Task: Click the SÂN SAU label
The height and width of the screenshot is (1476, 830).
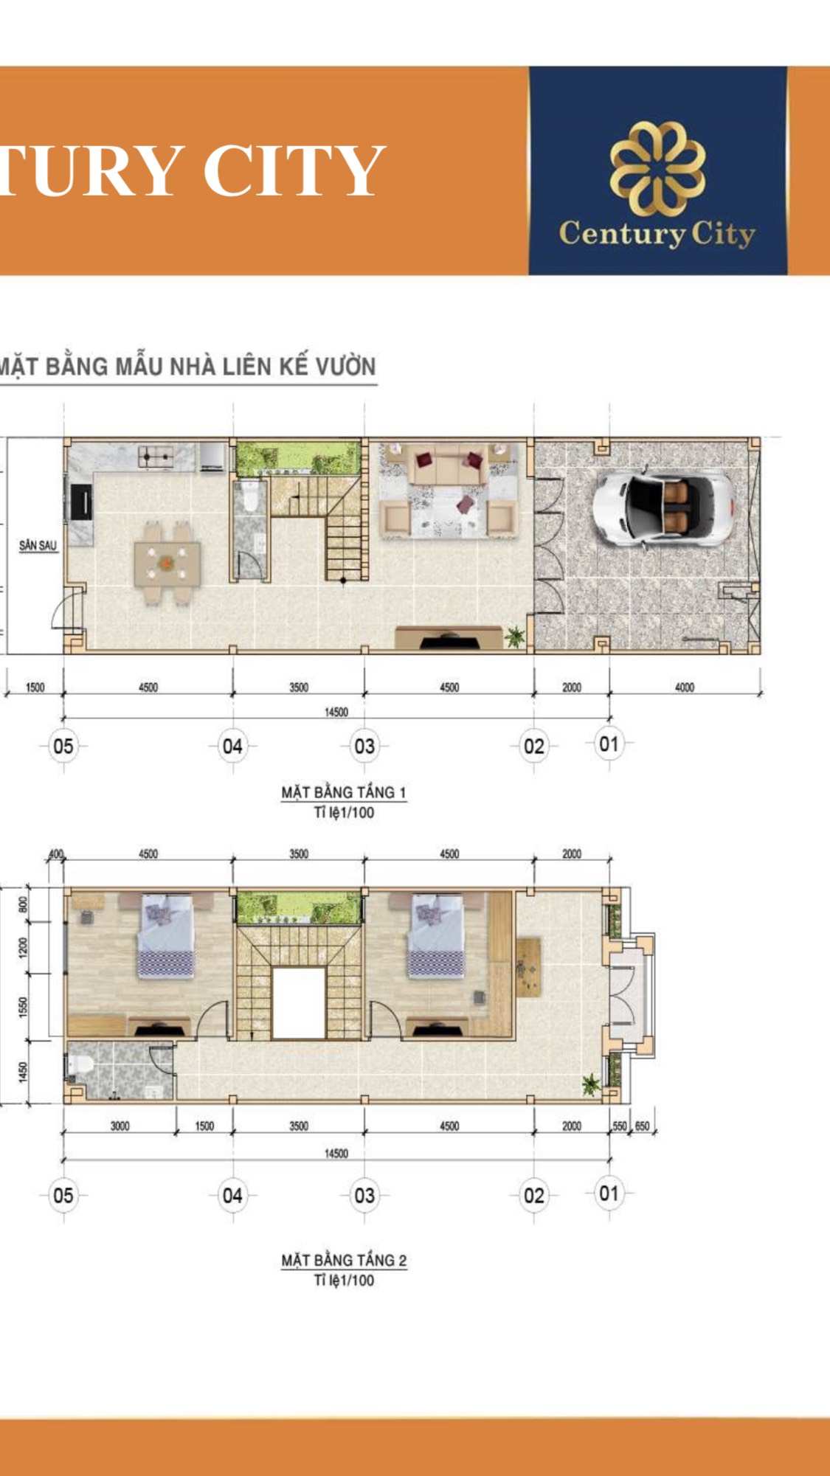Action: point(38,546)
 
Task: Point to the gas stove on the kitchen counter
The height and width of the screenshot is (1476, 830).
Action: point(156,457)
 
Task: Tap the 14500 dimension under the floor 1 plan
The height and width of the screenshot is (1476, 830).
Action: point(336,712)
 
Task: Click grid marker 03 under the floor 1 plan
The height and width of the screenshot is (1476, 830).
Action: point(364,746)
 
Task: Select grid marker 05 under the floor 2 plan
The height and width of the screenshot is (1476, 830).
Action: point(63,1195)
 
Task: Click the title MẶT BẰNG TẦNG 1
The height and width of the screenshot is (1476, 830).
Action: point(344,792)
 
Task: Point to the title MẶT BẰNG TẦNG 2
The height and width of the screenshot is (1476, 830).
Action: point(344,1260)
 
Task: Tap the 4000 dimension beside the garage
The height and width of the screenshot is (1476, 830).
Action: point(685,687)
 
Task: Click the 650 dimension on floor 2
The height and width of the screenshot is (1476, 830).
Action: point(643,1126)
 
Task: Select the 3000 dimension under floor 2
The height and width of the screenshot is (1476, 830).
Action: point(120,1126)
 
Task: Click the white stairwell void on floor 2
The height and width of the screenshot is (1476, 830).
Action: point(299,1003)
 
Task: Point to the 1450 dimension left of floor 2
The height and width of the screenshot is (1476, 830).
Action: point(23,1072)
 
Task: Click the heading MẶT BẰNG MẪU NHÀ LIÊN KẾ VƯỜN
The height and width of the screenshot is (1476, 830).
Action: point(187,367)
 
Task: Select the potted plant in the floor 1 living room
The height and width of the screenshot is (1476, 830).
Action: point(515,636)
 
